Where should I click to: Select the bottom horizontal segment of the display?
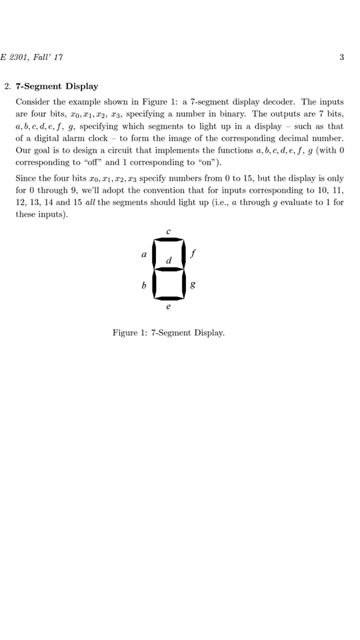pyautogui.click(x=168, y=299)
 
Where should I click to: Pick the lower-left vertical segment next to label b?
pyautogui.click(x=153, y=284)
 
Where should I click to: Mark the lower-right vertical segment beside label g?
pyautogui.click(x=183, y=284)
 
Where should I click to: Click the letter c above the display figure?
pyautogui.click(x=168, y=231)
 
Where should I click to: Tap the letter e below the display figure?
pyautogui.click(x=168, y=307)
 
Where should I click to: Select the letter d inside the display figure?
pyautogui.click(x=169, y=259)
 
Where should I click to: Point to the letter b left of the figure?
pyautogui.click(x=143, y=285)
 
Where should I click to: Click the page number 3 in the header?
pyautogui.click(x=341, y=57)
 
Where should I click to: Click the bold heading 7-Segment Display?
pyautogui.click(x=57, y=86)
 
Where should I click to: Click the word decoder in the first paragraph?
pyautogui.click(x=281, y=102)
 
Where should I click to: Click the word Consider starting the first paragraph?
pyautogui.click(x=33, y=102)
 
